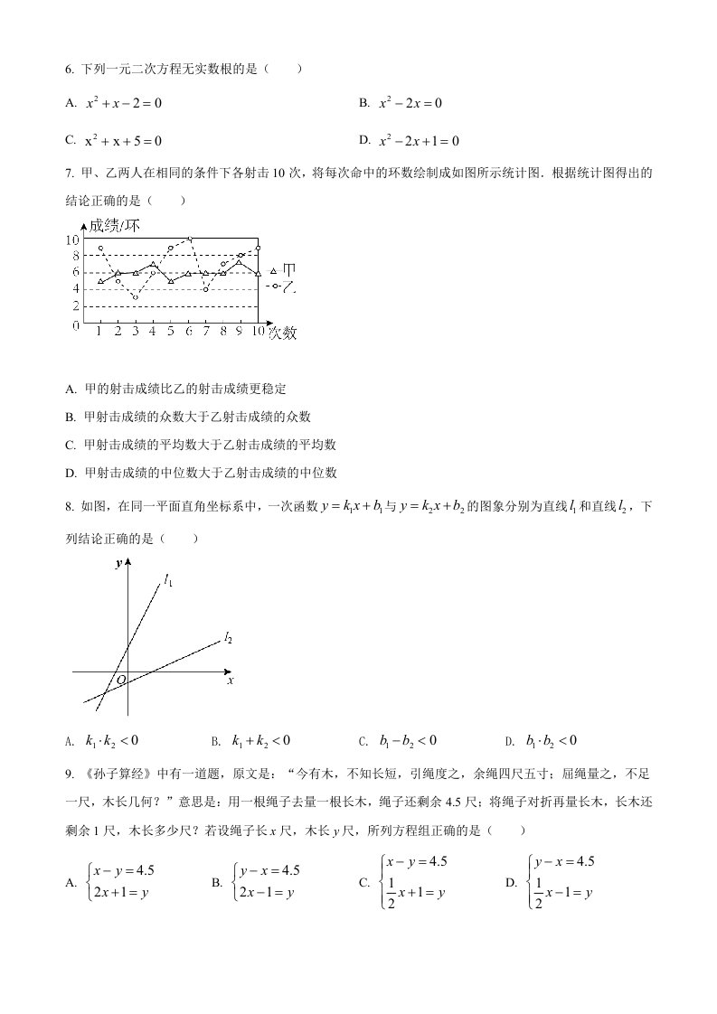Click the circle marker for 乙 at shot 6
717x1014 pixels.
[190, 239]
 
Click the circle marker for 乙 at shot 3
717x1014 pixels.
[136, 297]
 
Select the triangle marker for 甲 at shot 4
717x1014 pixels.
[154, 264]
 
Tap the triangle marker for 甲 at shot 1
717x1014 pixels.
[100, 281]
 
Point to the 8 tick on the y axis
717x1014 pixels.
[74, 256]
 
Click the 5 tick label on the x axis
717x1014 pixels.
[171, 332]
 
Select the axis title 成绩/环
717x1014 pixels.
[114, 226]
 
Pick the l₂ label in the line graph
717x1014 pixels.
[229, 639]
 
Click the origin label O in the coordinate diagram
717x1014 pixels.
[120, 680]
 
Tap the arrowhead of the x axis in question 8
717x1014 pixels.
[227, 672]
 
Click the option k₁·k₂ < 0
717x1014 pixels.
[111, 741]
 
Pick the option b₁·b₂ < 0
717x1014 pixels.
[551, 741]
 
